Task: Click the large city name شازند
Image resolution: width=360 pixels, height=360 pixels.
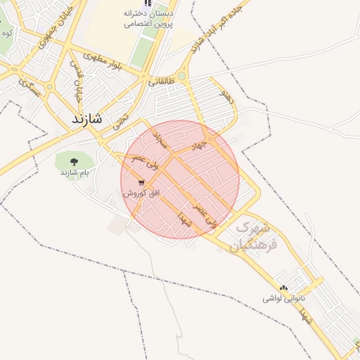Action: (87, 120)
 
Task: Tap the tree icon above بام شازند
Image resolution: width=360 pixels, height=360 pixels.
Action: (75, 161)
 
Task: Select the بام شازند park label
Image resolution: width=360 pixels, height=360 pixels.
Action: (75, 172)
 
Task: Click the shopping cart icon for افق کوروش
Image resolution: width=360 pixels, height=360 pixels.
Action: (142, 181)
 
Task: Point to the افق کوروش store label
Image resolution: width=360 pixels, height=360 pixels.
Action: (142, 192)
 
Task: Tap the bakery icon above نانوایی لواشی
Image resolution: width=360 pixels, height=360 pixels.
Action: (284, 288)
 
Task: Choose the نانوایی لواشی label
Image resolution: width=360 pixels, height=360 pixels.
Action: (282, 299)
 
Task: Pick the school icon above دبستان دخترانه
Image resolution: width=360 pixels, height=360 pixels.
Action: (148, 4)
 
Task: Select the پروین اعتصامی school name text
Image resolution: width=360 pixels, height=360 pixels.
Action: (148, 23)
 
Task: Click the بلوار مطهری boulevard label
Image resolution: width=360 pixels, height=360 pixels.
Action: (103, 62)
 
